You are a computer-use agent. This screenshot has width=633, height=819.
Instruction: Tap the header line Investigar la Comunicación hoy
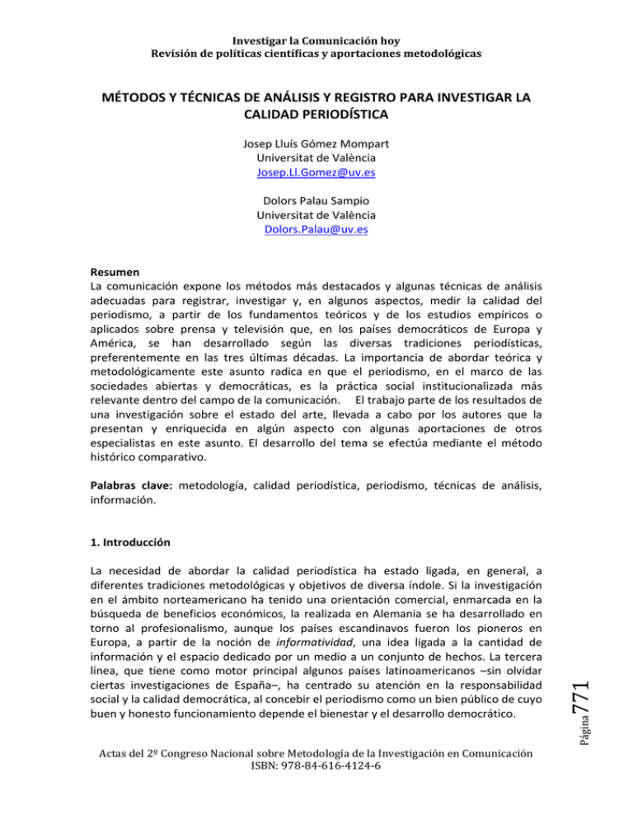316,39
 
